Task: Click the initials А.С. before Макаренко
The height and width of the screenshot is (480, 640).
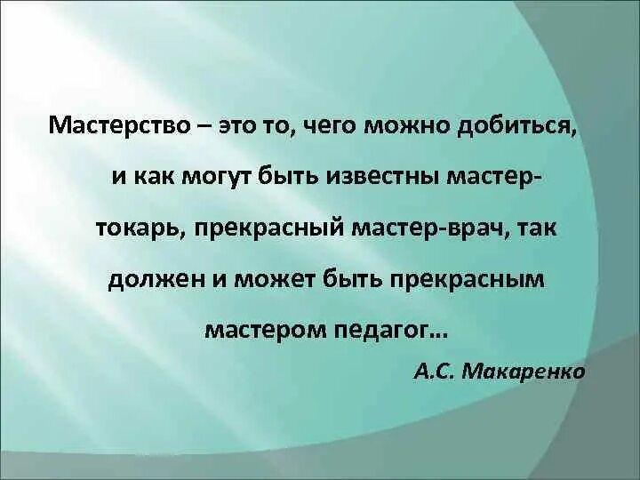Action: [435, 371]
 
